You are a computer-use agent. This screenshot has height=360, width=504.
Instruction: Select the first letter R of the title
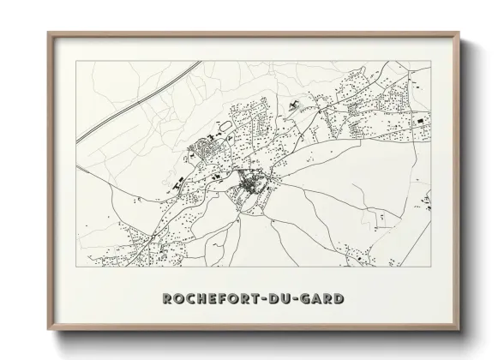168,299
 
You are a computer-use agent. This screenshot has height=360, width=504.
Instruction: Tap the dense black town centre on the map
251,182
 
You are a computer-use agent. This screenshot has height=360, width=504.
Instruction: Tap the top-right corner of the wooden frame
459,33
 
